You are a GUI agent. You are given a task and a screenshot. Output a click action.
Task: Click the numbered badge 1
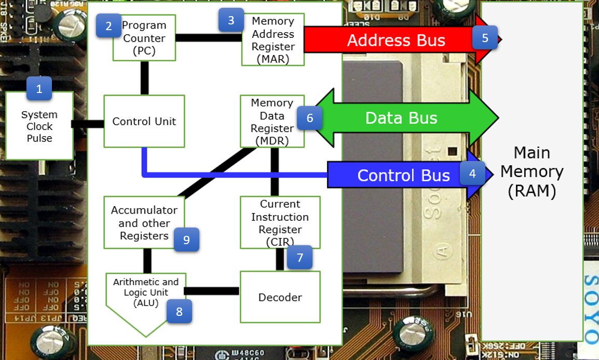pyautogui.click(x=39, y=89)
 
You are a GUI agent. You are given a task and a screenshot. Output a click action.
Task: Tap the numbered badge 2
pyautogui.click(x=108, y=26)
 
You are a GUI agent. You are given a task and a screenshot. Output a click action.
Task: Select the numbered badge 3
pyautogui.click(x=231, y=20)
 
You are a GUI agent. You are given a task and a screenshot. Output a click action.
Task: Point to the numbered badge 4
pyautogui.click(x=472, y=173)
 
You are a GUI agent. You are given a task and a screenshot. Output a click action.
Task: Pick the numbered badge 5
pyautogui.click(x=485, y=38)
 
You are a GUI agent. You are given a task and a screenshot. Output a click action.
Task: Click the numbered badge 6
pyautogui.click(x=310, y=118)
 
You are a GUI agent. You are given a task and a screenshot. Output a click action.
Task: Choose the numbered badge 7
pyautogui.click(x=299, y=257)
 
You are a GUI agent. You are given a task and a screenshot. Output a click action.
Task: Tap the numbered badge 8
pyautogui.click(x=179, y=311)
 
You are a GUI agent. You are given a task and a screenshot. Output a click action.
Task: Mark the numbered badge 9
pyautogui.click(x=186, y=239)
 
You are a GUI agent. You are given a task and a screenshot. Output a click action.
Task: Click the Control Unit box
pyautogui.click(x=144, y=122)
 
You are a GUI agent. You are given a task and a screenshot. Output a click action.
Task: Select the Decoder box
pyautogui.click(x=280, y=298)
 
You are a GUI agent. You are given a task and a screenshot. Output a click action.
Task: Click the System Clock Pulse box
pyautogui.click(x=39, y=127)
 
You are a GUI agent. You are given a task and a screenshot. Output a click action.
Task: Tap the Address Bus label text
pyautogui.click(x=396, y=41)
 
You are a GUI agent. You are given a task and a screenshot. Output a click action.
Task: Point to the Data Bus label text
pyautogui.click(x=401, y=118)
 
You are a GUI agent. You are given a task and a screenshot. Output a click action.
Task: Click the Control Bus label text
pyautogui.click(x=403, y=176)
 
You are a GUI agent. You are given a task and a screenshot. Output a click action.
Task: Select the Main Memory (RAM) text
pyautogui.click(x=532, y=172)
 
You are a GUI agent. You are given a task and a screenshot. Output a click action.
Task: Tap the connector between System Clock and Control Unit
pyautogui.click(x=88, y=124)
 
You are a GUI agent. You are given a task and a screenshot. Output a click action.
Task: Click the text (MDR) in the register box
pyautogui.click(x=272, y=141)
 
